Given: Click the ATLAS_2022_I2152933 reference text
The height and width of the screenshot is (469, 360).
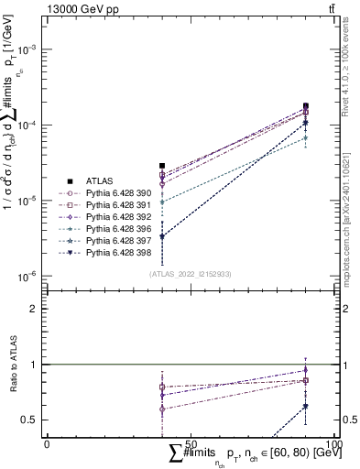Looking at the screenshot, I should pos(188,273).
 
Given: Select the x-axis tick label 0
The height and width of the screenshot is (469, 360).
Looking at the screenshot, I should pos(47,443).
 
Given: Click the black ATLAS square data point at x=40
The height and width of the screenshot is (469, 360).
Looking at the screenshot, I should pos(162,166).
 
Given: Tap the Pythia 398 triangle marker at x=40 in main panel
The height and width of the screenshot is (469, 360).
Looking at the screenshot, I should pos(162,236).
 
